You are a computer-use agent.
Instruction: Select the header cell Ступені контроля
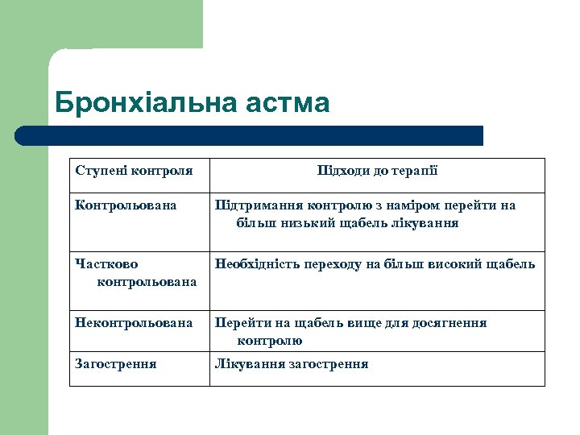tap(134, 171)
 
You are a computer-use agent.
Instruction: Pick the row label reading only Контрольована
tap(126, 205)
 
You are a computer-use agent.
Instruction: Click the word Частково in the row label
tap(106, 264)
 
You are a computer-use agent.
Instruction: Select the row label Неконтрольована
tap(134, 323)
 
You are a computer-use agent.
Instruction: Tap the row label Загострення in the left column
tap(116, 364)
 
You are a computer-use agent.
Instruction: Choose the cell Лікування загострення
tap(291, 364)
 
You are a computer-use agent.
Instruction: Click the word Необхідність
tap(258, 264)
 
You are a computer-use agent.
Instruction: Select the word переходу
tap(340, 264)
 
